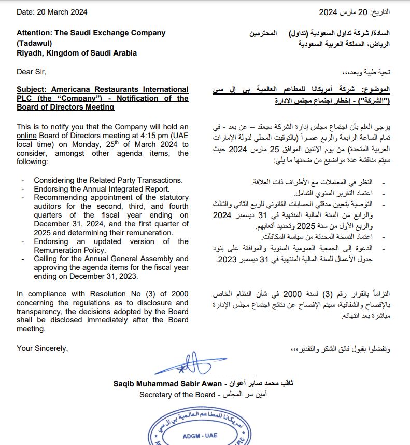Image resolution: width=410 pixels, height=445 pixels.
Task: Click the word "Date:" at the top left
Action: tap(26, 12)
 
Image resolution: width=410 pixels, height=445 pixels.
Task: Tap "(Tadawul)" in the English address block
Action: tap(35, 43)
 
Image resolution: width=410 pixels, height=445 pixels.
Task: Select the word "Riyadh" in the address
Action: tap(29, 53)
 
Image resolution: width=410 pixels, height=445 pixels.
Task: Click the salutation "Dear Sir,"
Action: tap(32, 72)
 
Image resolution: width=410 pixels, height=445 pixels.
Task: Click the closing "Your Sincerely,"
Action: tap(42, 348)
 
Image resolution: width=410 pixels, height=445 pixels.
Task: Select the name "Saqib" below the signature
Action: tap(125, 384)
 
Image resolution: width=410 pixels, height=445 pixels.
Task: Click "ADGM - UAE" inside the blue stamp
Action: tap(200, 435)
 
